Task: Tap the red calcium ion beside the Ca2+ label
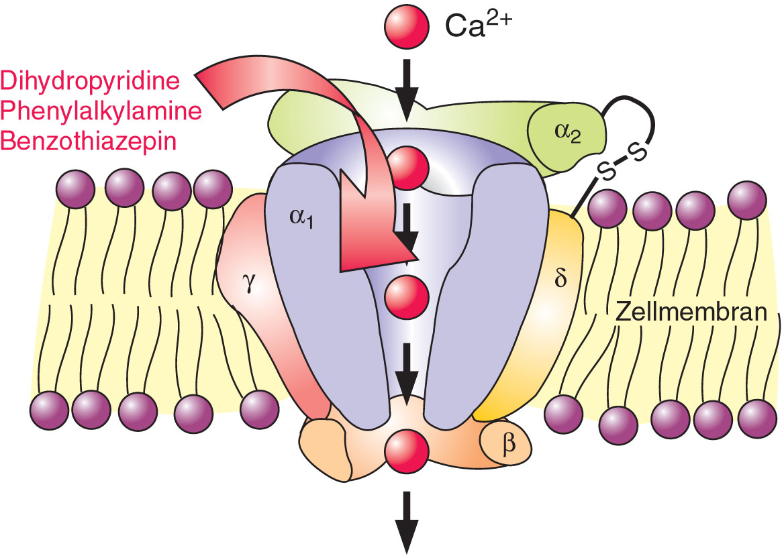tap(406, 26)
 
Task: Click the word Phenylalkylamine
tap(101, 111)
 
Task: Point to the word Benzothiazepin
tap(89, 141)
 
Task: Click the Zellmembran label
tap(691, 312)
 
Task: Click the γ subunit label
tap(248, 285)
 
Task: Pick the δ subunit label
tap(561, 278)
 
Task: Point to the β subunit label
tap(509, 443)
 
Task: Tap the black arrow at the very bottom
tap(407, 522)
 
